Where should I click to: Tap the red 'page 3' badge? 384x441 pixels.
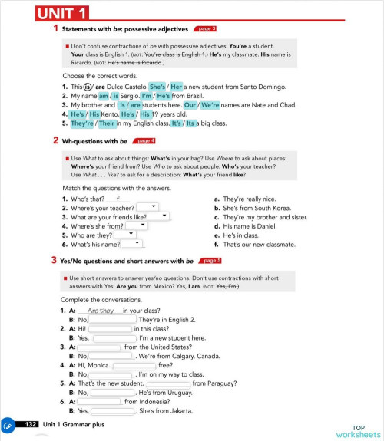(204, 29)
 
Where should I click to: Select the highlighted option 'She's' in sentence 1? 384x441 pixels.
(157, 87)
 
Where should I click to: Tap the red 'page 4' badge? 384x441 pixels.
(144, 140)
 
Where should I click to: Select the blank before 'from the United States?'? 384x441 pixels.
(99, 347)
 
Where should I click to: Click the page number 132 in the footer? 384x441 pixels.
(31, 424)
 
